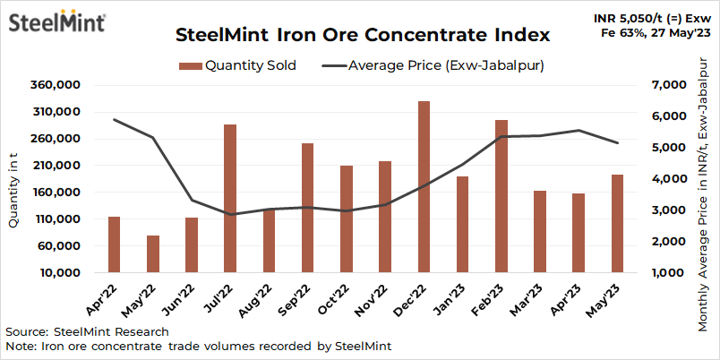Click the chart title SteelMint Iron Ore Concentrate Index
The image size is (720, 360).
click(x=361, y=36)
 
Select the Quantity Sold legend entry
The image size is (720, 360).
click(x=237, y=65)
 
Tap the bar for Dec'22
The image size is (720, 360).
click(x=424, y=187)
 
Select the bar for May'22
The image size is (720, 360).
click(x=153, y=254)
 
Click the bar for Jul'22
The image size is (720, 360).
click(x=230, y=199)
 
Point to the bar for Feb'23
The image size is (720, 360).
click(x=501, y=196)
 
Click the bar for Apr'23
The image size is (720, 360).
click(x=578, y=233)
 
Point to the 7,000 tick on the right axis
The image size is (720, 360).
click(x=664, y=85)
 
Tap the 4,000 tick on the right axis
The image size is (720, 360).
click(x=664, y=179)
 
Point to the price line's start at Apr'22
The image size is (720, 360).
click(x=115, y=119)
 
